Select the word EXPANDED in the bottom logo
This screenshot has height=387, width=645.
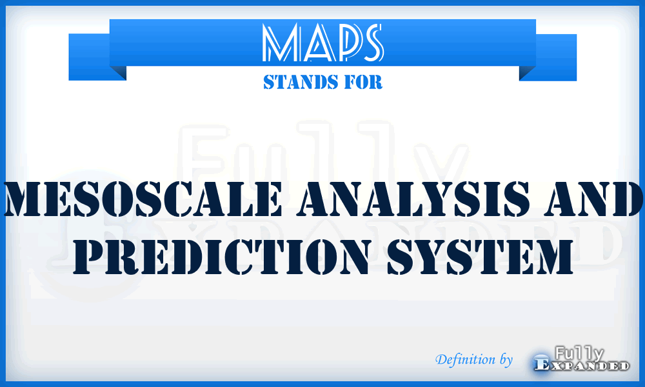pos(582,366)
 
